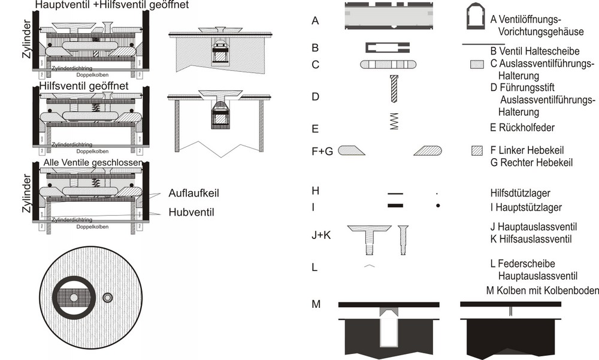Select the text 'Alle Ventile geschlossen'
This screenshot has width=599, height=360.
(93, 163)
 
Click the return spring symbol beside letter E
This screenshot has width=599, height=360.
(394, 120)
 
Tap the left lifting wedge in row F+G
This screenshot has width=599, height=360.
(352, 151)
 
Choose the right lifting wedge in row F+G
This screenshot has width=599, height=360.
(427, 151)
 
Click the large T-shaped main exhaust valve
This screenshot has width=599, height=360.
(369, 238)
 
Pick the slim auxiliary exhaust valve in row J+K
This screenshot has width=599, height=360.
(403, 238)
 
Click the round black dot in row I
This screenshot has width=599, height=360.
(438, 205)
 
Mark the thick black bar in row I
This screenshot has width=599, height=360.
(395, 205)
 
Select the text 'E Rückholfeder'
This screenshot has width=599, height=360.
(522, 127)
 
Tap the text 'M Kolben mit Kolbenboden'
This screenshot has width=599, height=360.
(543, 291)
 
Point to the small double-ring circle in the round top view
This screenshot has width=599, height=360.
(108, 298)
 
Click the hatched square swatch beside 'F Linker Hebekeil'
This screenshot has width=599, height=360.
(477, 151)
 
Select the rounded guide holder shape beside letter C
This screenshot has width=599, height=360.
(387, 64)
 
